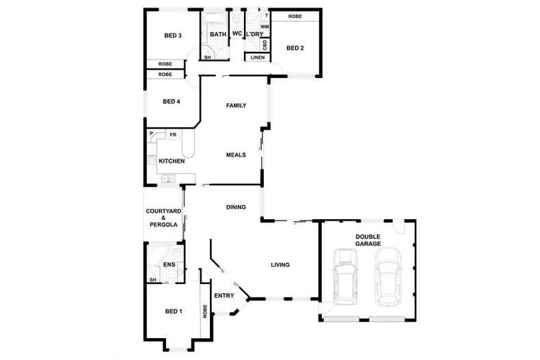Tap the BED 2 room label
[295, 48]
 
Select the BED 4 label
[171, 102]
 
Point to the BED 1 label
[174, 311]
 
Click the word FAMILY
[236, 105]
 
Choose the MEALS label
[236, 155]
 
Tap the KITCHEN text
[172, 161]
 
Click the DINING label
[236, 207]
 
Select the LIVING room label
[280, 265]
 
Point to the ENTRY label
[224, 296]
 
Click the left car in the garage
[345, 278]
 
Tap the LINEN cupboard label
[258, 57]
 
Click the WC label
[237, 33]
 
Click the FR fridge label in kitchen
[164, 135]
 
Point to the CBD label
[265, 44]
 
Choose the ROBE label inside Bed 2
[295, 16]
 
